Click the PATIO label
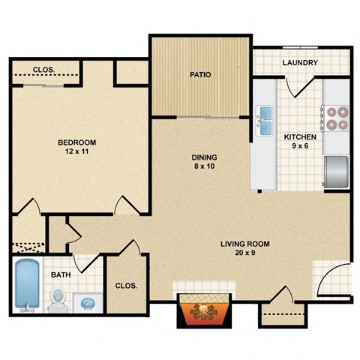pyautogui.click(x=199, y=75)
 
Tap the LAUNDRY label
pyautogui.click(x=300, y=63)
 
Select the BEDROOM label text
pyautogui.click(x=77, y=142)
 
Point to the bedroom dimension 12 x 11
pyautogui.click(x=77, y=152)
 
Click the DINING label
pyautogui.click(x=203, y=157)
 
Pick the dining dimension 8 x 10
pyautogui.click(x=203, y=167)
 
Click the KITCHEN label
pyautogui.click(x=299, y=137)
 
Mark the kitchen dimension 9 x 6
pyautogui.click(x=299, y=147)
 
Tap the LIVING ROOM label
pyautogui.click(x=244, y=244)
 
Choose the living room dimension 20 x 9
pyautogui.click(x=244, y=253)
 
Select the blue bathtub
pyautogui.click(x=27, y=285)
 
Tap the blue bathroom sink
pyautogui.click(x=88, y=303)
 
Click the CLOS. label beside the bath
pyautogui.click(x=124, y=286)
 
